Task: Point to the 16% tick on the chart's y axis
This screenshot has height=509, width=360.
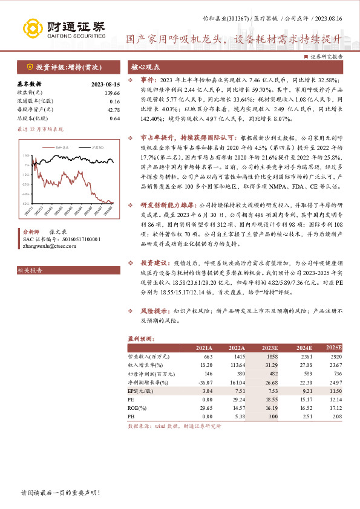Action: pos(27,155)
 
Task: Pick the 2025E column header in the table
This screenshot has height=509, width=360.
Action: pos(334,348)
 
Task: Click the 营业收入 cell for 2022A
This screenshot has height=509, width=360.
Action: pos(237,357)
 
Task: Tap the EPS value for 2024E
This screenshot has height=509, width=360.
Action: pos(302,391)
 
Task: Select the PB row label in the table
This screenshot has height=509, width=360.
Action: pos(131,417)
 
